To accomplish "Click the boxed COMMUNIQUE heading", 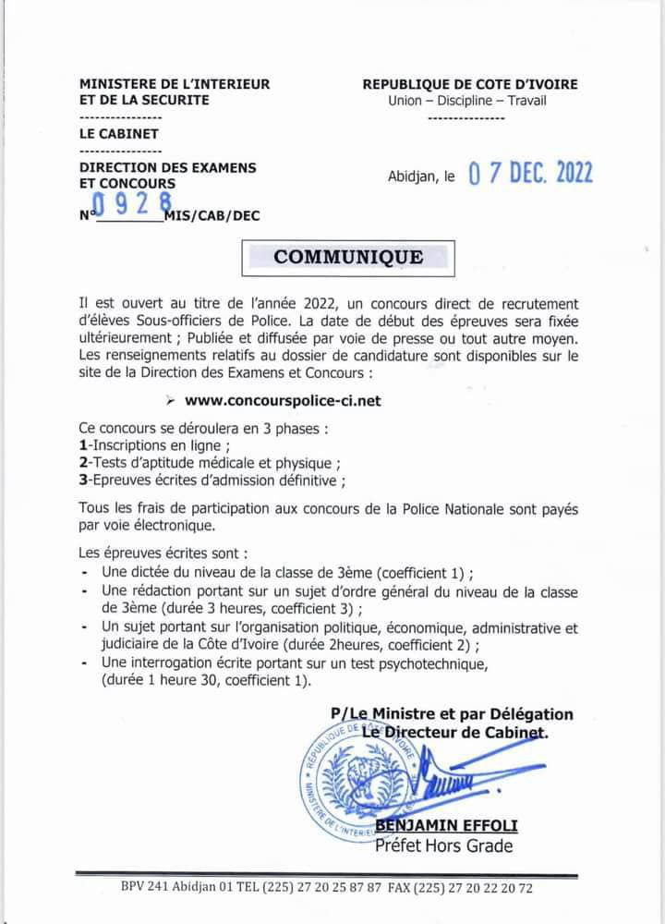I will (x=348, y=258).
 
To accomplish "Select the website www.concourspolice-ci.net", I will (x=283, y=401).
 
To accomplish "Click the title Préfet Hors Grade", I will (x=443, y=845).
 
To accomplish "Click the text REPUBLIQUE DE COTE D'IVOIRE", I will (x=470, y=84).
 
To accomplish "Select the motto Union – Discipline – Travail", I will (x=468, y=101).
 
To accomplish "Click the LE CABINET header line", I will (x=120, y=134).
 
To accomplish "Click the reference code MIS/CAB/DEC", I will (x=211, y=215).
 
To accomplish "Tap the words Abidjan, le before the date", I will (x=420, y=176).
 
